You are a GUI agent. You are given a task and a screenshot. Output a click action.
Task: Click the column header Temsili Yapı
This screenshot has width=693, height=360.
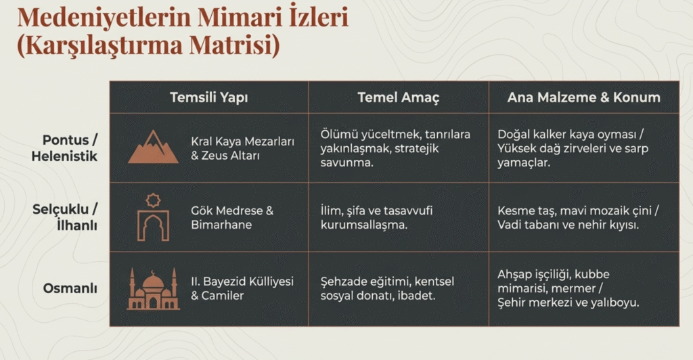(208, 97)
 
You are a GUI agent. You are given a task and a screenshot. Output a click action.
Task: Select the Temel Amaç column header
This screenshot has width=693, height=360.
(398, 97)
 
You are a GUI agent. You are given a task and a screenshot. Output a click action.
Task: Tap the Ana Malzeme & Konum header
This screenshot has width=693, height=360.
(583, 97)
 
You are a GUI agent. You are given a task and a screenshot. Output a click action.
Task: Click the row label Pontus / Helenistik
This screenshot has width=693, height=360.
(64, 148)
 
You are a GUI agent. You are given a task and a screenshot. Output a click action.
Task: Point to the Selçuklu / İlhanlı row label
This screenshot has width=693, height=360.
(65, 217)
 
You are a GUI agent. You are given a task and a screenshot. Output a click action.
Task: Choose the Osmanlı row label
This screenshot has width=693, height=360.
(70, 288)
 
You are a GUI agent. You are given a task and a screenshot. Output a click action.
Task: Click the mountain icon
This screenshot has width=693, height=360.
(153, 147)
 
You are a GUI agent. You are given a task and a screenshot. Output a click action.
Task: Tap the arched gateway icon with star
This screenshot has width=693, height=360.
(153, 217)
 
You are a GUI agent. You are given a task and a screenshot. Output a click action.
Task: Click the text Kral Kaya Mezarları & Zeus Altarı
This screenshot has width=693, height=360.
(243, 148)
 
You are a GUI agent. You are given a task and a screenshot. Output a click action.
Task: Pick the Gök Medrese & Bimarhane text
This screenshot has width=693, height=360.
(233, 217)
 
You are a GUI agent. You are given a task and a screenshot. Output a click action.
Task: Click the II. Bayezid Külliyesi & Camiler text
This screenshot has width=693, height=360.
(242, 288)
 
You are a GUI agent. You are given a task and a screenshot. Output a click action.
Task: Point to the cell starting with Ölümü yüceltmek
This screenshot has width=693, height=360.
(395, 148)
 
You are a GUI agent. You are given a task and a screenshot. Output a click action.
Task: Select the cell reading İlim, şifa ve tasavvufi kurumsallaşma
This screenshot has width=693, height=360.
(376, 217)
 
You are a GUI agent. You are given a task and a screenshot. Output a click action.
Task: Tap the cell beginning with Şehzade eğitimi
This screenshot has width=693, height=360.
(387, 288)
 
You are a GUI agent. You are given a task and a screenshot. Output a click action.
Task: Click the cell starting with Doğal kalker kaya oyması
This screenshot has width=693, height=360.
(573, 148)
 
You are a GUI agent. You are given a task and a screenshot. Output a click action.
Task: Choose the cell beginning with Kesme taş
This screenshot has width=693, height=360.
(578, 217)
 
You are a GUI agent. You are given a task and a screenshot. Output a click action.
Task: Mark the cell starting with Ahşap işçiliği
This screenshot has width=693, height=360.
(568, 288)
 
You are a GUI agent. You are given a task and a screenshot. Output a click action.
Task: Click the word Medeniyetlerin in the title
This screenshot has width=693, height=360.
(104, 18)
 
